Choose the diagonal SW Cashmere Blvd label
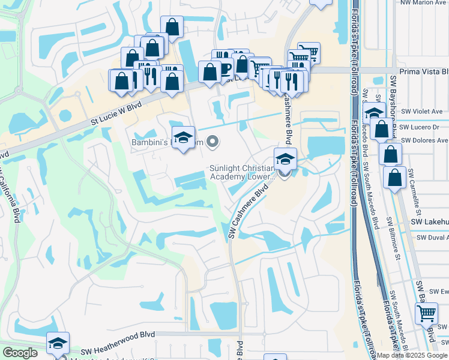tap(248, 213)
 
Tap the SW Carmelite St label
tap(415, 191)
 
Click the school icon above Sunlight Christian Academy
tap(285, 159)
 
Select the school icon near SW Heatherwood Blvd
tap(58, 343)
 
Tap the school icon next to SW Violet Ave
tap(374, 112)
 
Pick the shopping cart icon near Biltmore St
tap(426, 312)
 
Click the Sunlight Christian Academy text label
tap(242, 172)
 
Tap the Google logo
tap(20, 353)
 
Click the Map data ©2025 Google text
tap(412, 355)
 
